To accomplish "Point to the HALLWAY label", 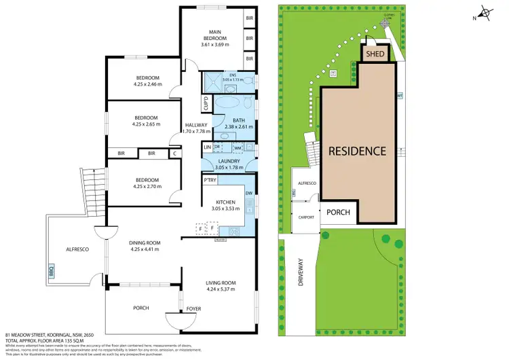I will click(x=196, y=125).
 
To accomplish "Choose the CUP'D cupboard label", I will click(x=206, y=103).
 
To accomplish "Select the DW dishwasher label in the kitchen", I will click(x=249, y=194).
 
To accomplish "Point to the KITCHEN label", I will click(x=225, y=202).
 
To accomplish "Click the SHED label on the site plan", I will click(x=375, y=54).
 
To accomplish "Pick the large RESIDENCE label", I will click(x=357, y=151).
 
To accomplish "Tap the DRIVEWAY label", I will click(x=300, y=272).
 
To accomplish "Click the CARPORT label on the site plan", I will click(x=305, y=217).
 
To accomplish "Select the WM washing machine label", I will click(x=238, y=147).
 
